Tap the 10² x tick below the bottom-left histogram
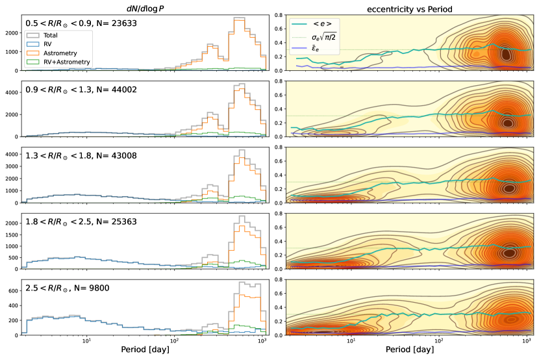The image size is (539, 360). [174, 342]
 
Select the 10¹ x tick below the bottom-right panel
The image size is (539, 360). [351, 342]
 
